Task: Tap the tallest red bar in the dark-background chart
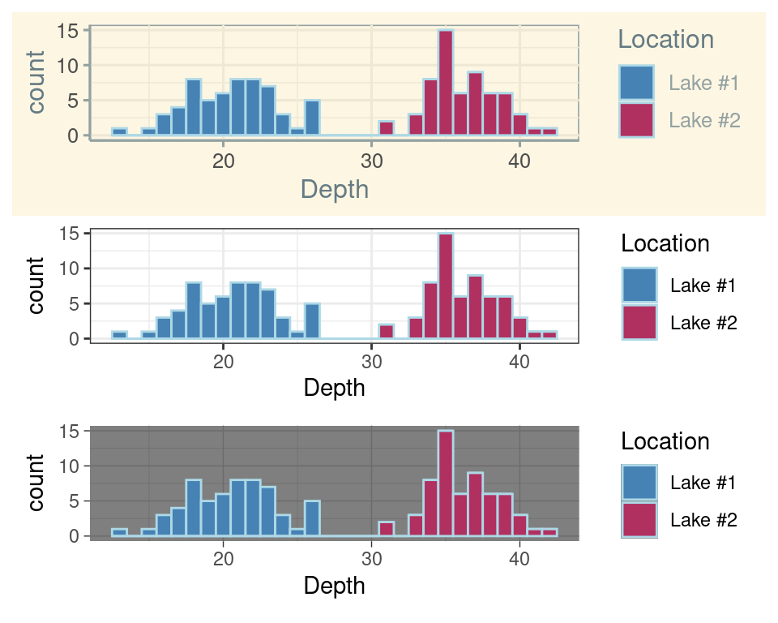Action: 445,483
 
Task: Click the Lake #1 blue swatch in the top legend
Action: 636,83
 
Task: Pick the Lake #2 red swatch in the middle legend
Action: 639,322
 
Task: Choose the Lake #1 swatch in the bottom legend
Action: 639,483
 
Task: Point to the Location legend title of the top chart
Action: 665,39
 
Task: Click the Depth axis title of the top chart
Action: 334,189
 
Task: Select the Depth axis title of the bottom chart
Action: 334,586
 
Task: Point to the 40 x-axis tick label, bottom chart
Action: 519,560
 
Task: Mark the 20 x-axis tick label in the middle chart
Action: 223,362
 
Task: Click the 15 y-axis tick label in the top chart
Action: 68,31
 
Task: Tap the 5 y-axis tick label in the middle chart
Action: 73,303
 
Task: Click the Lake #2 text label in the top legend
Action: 704,121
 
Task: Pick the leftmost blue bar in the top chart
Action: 119,131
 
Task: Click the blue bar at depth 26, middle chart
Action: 312,321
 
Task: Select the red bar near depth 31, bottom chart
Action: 387,529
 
